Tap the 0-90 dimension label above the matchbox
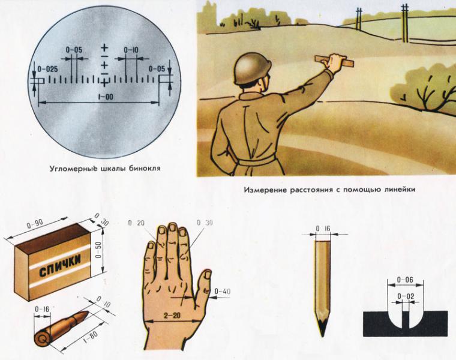tap(35, 224)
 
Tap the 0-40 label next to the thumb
tap(223, 291)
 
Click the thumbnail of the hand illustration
tap(208, 274)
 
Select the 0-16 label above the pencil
tap(323, 229)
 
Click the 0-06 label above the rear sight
tap(405, 280)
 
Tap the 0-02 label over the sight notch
tap(406, 296)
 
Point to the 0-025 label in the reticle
tap(47, 69)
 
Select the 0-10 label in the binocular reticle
tap(131, 50)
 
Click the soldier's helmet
tap(252, 68)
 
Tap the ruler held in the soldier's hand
tap(334, 61)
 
